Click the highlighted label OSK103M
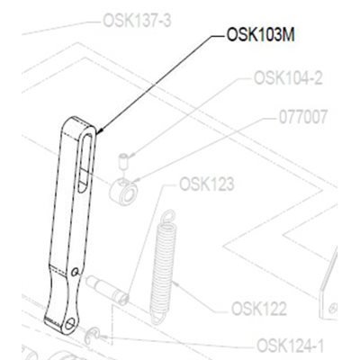(x=260, y=35)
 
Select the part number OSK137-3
(x=137, y=21)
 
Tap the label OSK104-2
(x=288, y=78)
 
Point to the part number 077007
(x=302, y=117)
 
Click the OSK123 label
(x=206, y=184)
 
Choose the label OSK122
(x=259, y=309)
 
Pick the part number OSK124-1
(x=291, y=346)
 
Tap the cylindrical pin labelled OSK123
(x=107, y=291)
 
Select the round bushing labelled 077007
(x=123, y=191)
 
